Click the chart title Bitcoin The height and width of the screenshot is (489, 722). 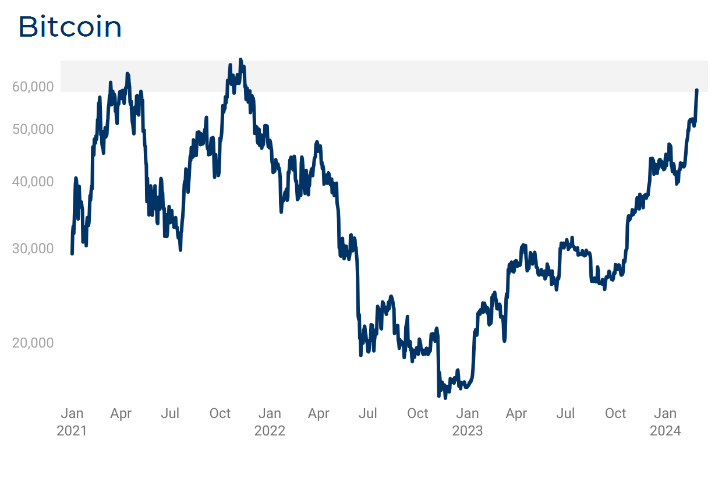tap(70, 27)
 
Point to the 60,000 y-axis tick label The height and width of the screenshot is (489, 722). tap(33, 87)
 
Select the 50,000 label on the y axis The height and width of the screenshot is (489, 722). tap(33, 129)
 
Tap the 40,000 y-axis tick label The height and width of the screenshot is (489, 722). tap(33, 182)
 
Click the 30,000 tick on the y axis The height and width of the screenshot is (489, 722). tap(33, 249)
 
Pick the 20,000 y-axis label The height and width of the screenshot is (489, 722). tap(33, 343)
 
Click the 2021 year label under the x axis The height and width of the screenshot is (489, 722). tap(72, 431)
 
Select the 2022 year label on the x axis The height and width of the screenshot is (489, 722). tap(270, 431)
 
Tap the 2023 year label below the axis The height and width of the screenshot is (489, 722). tap(468, 431)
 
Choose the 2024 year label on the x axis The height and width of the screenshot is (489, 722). tap(666, 431)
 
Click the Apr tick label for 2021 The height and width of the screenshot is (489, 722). tap(121, 414)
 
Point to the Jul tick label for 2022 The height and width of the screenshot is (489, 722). tap(368, 414)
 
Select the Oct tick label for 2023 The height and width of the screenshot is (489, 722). tap(615, 414)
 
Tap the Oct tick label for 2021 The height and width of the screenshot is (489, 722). tap(220, 414)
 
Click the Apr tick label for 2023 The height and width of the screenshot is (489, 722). tap(516, 414)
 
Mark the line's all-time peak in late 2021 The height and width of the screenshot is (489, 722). tap(241, 59)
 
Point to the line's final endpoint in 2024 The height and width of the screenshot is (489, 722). tap(697, 90)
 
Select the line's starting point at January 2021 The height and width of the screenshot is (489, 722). tap(72, 254)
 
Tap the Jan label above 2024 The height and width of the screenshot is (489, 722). tap(666, 414)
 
